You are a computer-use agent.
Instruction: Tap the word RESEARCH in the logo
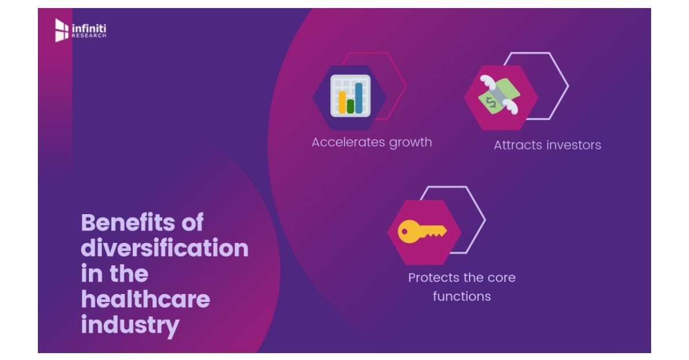point(89,36)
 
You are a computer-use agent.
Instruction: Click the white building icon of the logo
point(61,30)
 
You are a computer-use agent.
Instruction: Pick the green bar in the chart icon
point(350,106)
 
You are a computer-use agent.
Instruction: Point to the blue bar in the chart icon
point(359,98)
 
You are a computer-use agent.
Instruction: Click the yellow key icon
point(423,232)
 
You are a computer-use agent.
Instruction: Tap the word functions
point(462,297)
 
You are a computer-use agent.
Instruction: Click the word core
point(501,278)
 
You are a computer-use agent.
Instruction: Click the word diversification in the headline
point(165,249)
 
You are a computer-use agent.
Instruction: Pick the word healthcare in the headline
point(145,299)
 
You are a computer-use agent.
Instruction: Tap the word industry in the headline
point(130,325)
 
